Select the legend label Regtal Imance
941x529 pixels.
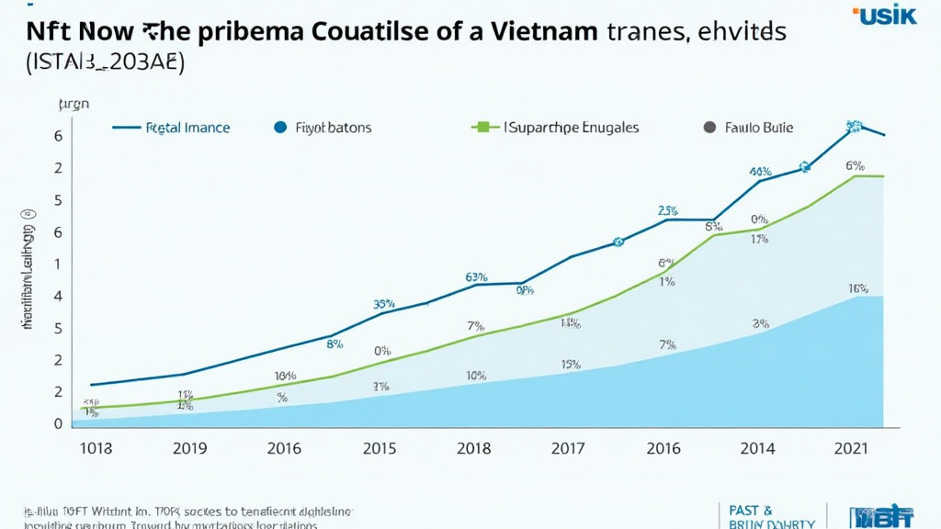[187, 129]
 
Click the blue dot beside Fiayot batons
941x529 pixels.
[280, 129]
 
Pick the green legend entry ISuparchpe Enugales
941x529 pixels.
[571, 129]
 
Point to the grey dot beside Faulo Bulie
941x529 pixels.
[709, 129]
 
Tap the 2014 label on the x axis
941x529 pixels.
[756, 448]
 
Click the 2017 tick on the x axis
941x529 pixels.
[569, 448]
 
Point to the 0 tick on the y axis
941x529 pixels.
[58, 424]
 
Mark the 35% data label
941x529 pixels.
[383, 304]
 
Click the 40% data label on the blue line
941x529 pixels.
[760, 172]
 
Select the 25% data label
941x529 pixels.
[667, 210]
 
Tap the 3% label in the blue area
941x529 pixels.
[760, 323]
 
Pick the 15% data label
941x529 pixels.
[570, 365]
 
